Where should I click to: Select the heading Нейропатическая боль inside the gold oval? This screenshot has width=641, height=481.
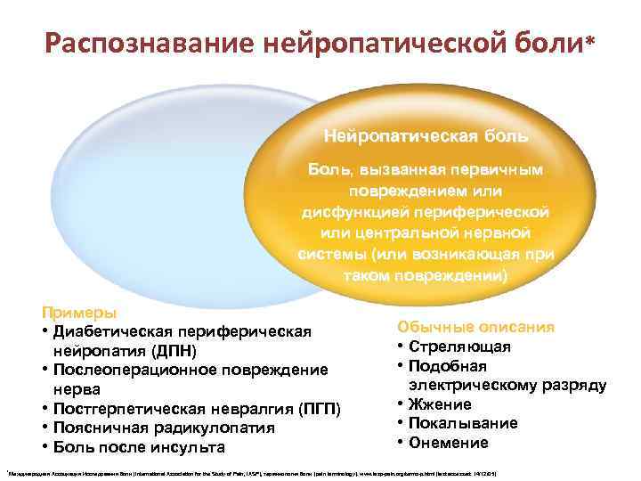tap(426, 137)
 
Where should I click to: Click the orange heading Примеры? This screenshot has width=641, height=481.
tap(77, 314)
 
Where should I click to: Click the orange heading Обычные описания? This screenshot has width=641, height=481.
tap(475, 327)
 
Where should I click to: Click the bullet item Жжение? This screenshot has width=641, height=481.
tap(446, 404)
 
